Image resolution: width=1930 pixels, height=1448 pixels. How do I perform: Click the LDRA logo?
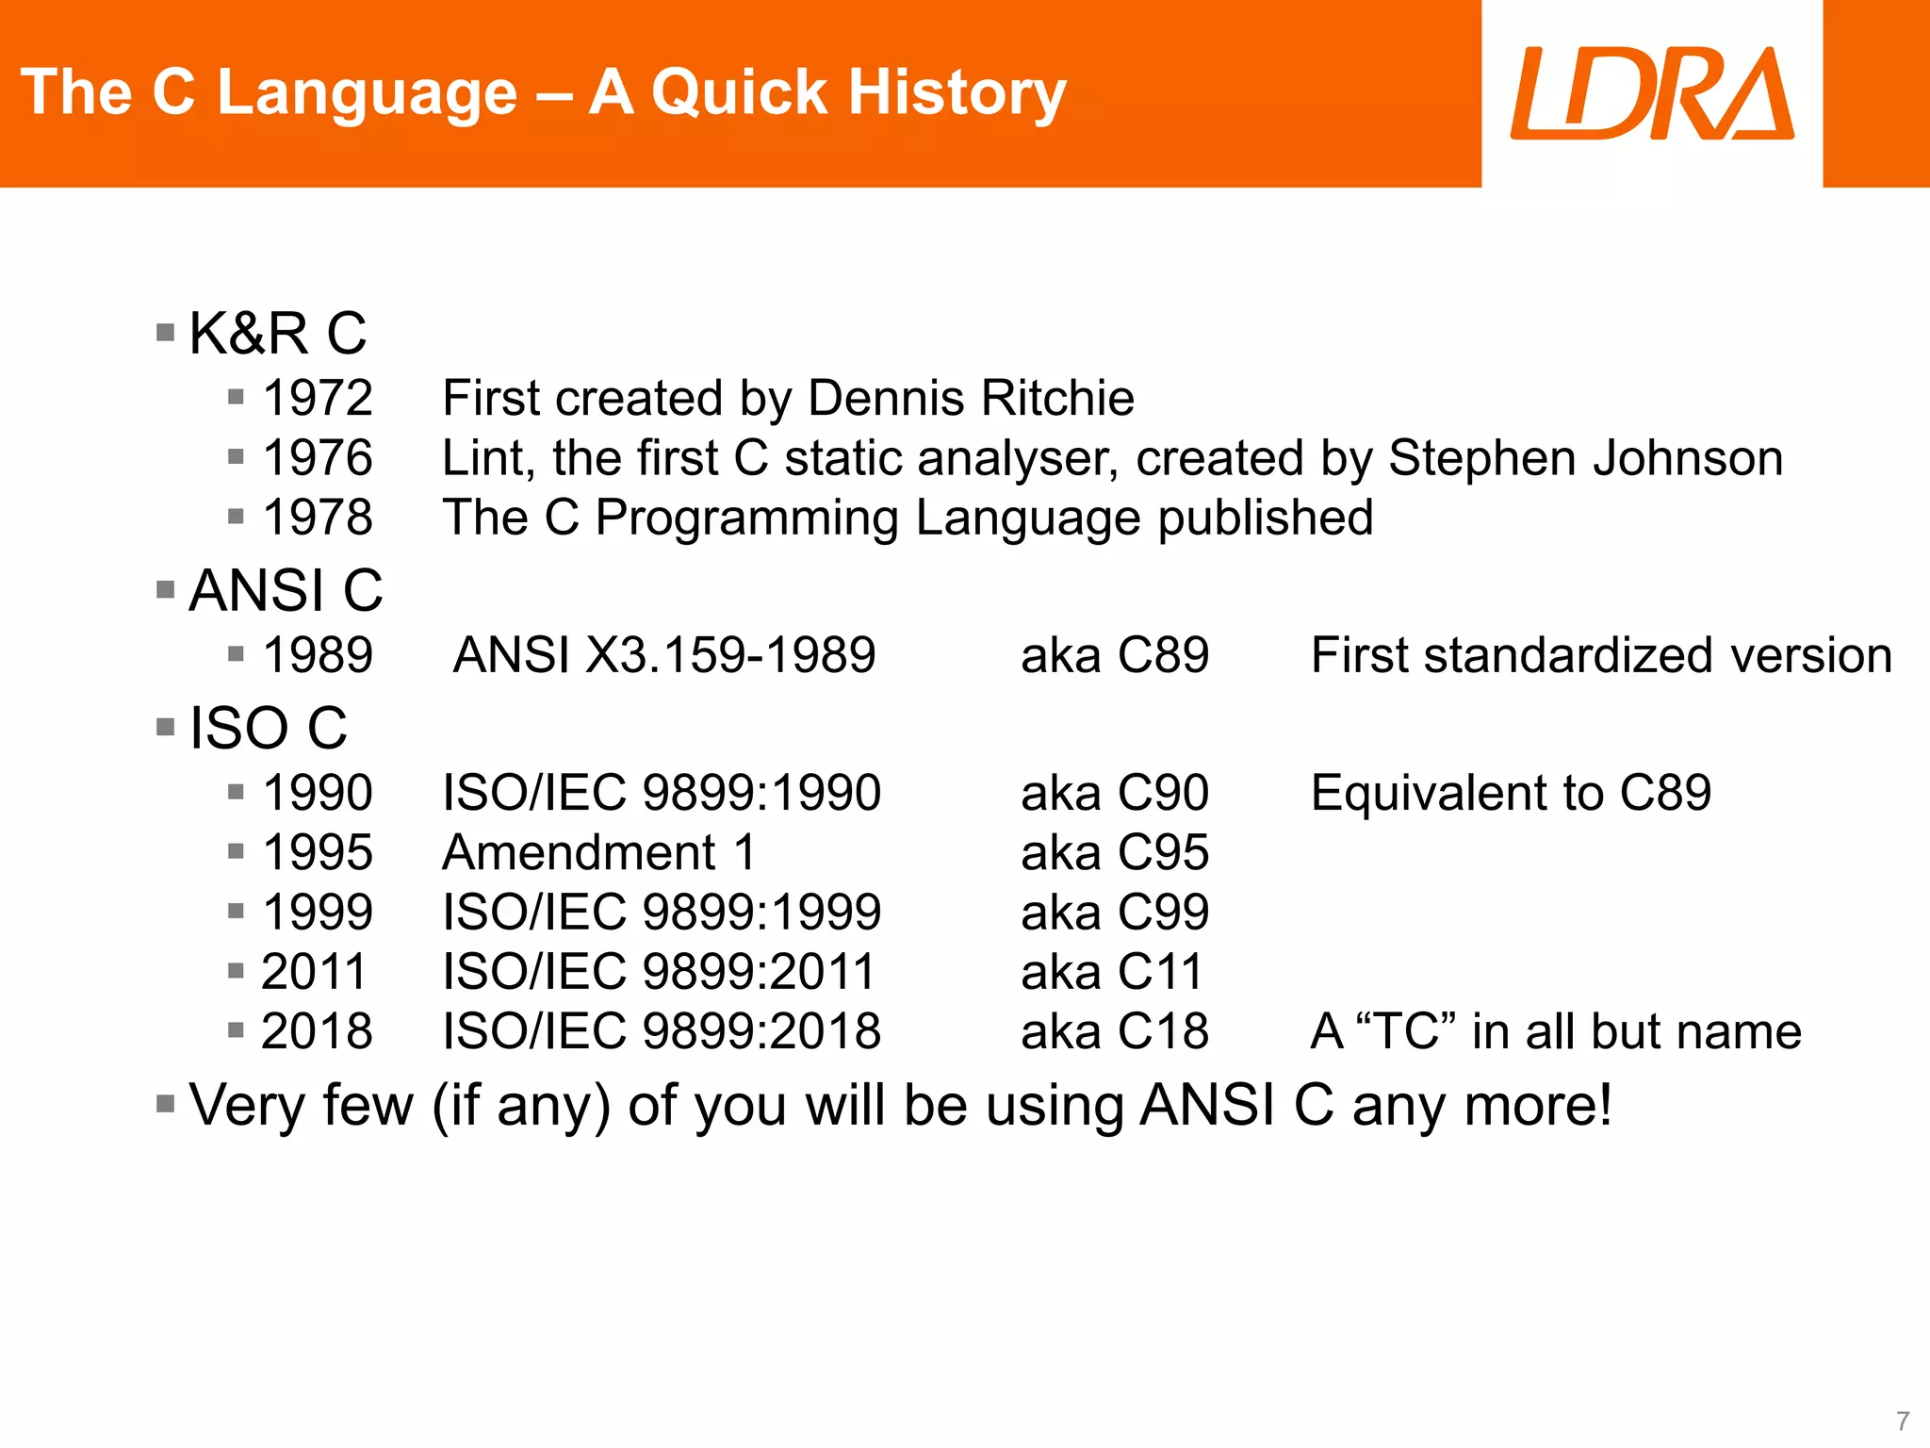pyautogui.click(x=1651, y=93)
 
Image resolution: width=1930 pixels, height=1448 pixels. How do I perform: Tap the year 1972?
pyautogui.click(x=318, y=398)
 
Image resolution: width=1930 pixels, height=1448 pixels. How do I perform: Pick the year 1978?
pyautogui.click(x=318, y=518)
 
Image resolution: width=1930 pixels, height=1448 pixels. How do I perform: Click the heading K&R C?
pyautogui.click(x=277, y=334)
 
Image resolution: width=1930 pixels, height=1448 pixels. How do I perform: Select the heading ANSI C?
pyautogui.click(x=286, y=591)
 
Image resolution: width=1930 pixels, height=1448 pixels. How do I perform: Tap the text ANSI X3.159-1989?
pyautogui.click(x=664, y=655)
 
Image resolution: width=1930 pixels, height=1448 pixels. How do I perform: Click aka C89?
pyautogui.click(x=1115, y=655)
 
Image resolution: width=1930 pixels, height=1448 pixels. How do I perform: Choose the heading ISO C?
pyautogui.click(x=269, y=729)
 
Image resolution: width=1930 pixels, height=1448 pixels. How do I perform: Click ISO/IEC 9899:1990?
pyautogui.click(x=662, y=793)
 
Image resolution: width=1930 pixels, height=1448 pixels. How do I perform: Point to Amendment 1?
pyautogui.click(x=599, y=853)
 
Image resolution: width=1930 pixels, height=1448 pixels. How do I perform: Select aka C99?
pyautogui.click(x=1115, y=913)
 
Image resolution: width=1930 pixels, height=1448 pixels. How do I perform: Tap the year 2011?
pyautogui.click(x=313, y=972)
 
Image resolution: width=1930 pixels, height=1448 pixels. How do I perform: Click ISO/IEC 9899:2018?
pyautogui.click(x=662, y=1031)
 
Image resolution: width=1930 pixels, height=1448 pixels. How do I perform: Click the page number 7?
pyautogui.click(x=1903, y=1421)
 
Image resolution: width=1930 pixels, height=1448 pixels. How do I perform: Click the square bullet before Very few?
pyautogui.click(x=166, y=1104)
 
